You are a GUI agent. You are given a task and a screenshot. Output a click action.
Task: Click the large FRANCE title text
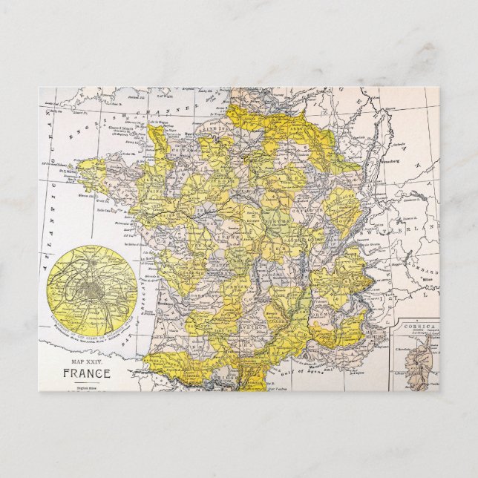coord(87,373)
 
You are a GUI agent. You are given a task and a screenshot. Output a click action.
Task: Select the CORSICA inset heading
coord(415,325)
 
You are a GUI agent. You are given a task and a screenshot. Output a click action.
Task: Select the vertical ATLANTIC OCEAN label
coord(53,186)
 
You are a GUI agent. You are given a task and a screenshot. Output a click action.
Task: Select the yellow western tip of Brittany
coord(86,166)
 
